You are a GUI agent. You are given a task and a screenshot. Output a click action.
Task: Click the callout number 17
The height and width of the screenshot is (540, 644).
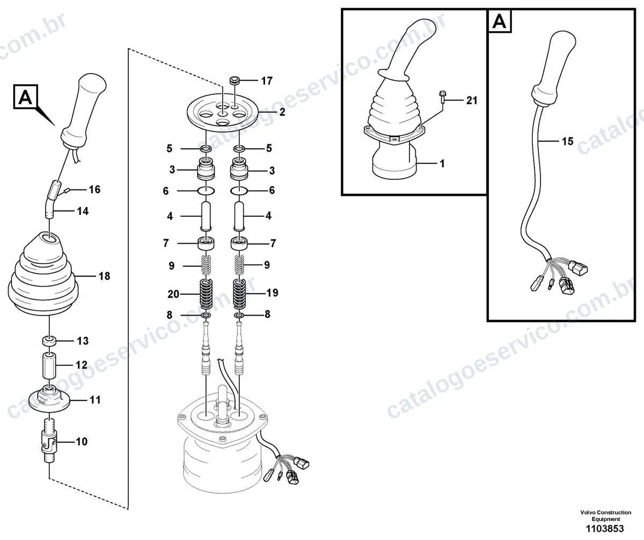tap(267, 81)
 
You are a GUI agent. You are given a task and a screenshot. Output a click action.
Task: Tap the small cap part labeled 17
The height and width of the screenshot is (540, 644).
tap(235, 81)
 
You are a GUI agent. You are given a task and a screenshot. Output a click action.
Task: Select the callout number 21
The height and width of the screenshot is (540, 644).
tap(472, 100)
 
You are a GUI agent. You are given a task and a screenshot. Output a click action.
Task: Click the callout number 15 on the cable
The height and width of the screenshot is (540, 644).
tap(567, 141)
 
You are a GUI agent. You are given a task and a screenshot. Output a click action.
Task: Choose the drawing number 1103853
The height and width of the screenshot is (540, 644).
tap(605, 529)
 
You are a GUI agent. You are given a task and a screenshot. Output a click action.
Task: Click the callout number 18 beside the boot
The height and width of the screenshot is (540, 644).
tap(104, 276)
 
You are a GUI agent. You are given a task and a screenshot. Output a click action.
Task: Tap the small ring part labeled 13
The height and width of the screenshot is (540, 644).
tap(49, 341)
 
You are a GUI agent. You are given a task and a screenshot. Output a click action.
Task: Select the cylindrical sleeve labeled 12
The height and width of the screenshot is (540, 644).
tap(49, 366)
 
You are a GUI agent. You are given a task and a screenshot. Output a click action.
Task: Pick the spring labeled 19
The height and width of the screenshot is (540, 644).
tap(241, 294)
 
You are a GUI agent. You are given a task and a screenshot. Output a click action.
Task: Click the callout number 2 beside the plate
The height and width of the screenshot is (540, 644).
tap(282, 112)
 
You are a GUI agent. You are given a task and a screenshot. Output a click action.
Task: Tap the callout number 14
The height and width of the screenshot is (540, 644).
tap(83, 211)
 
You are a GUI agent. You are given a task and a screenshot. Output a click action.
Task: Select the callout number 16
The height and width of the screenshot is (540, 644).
tap(94, 189)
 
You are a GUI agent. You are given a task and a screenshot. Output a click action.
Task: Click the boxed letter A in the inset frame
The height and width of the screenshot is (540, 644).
tap(500, 21)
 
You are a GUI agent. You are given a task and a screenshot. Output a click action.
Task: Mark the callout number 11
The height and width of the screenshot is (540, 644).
tap(95, 400)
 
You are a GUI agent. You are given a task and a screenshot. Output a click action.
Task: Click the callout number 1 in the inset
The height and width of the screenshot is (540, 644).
tap(442, 164)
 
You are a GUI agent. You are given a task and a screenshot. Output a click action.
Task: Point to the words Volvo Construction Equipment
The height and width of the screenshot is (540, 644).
tap(605, 516)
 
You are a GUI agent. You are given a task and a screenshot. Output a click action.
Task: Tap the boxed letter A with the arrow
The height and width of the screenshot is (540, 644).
tap(26, 97)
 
